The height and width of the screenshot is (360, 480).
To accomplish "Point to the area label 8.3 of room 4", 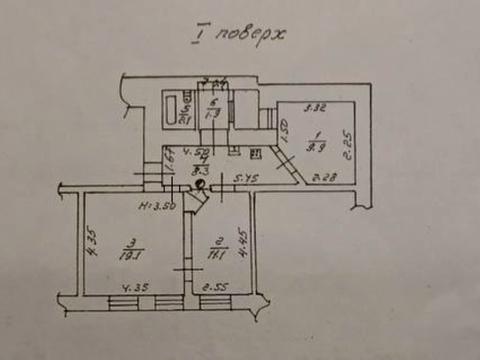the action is click(x=203, y=170).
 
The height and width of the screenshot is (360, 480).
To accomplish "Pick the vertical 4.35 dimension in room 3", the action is click(x=90, y=244).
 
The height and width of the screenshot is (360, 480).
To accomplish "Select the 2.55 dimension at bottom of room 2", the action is click(x=214, y=289).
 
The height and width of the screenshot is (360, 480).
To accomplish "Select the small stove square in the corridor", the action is click(x=255, y=152).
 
